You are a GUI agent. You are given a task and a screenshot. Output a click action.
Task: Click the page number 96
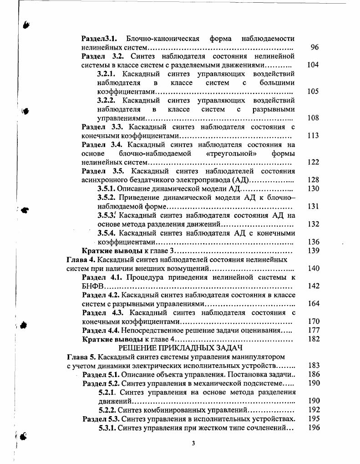coord(314,47)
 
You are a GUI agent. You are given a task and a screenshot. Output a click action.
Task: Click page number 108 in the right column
coord(313,118)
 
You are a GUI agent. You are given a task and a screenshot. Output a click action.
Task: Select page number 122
coord(313,162)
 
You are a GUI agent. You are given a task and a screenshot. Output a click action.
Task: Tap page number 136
coord(313,242)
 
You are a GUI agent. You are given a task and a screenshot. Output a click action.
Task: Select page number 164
coord(313,304)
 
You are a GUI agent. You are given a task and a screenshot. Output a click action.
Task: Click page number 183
coord(313,365)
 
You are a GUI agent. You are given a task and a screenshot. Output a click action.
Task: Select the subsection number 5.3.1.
coord(108,428)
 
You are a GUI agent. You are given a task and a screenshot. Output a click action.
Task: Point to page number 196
coord(313,428)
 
